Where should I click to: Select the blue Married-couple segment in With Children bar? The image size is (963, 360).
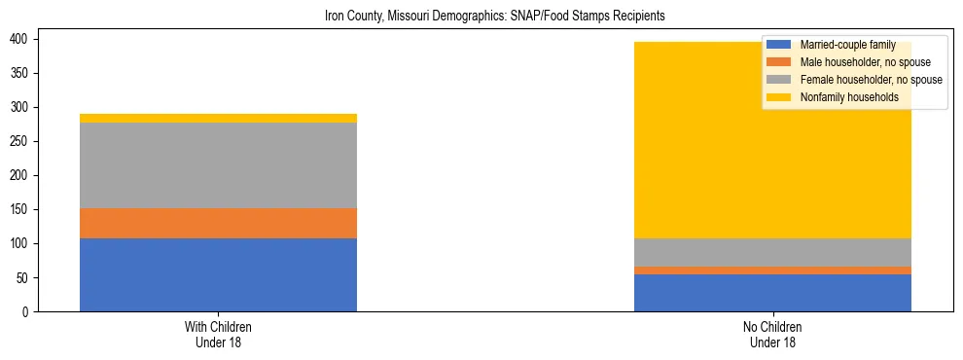(x=218, y=274)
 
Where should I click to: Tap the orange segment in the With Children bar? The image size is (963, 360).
(x=218, y=223)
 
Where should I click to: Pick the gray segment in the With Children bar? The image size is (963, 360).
(x=218, y=165)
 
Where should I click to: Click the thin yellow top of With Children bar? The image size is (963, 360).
(x=218, y=118)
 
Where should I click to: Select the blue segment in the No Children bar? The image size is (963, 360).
(x=772, y=292)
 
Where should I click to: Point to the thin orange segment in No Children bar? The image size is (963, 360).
(x=772, y=270)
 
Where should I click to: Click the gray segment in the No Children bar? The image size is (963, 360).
(x=772, y=252)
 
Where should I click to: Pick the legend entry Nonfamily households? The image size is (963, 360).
(x=855, y=97)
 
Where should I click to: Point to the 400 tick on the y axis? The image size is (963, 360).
(x=23, y=39)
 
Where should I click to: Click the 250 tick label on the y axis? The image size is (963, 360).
(x=23, y=141)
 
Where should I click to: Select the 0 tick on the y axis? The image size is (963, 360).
(x=29, y=311)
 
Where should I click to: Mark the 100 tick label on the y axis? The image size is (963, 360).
(x=23, y=243)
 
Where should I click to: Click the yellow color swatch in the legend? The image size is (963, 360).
(x=779, y=97)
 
